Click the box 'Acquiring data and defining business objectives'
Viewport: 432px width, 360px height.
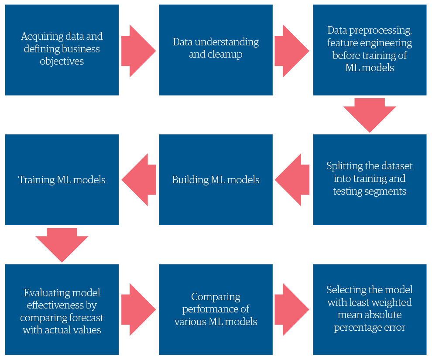click(62, 50)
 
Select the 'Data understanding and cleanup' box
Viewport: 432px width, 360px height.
click(216, 50)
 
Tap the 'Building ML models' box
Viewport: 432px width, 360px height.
click(216, 179)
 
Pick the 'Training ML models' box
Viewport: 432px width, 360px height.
click(62, 179)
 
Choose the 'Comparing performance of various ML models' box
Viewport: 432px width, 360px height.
click(216, 309)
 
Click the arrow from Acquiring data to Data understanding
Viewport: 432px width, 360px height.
click(138, 51)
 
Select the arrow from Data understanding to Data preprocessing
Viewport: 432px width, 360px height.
click(291, 51)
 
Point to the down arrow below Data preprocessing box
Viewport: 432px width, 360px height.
click(369, 114)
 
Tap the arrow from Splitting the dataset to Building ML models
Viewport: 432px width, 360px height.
click(292, 179)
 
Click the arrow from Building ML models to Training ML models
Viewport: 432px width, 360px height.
click(139, 179)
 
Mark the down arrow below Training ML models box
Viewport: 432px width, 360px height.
click(62, 244)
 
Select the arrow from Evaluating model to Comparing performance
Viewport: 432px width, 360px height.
click(138, 309)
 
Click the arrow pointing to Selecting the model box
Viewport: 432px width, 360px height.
click(291, 309)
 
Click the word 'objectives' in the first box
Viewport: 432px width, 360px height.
click(62, 61)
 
